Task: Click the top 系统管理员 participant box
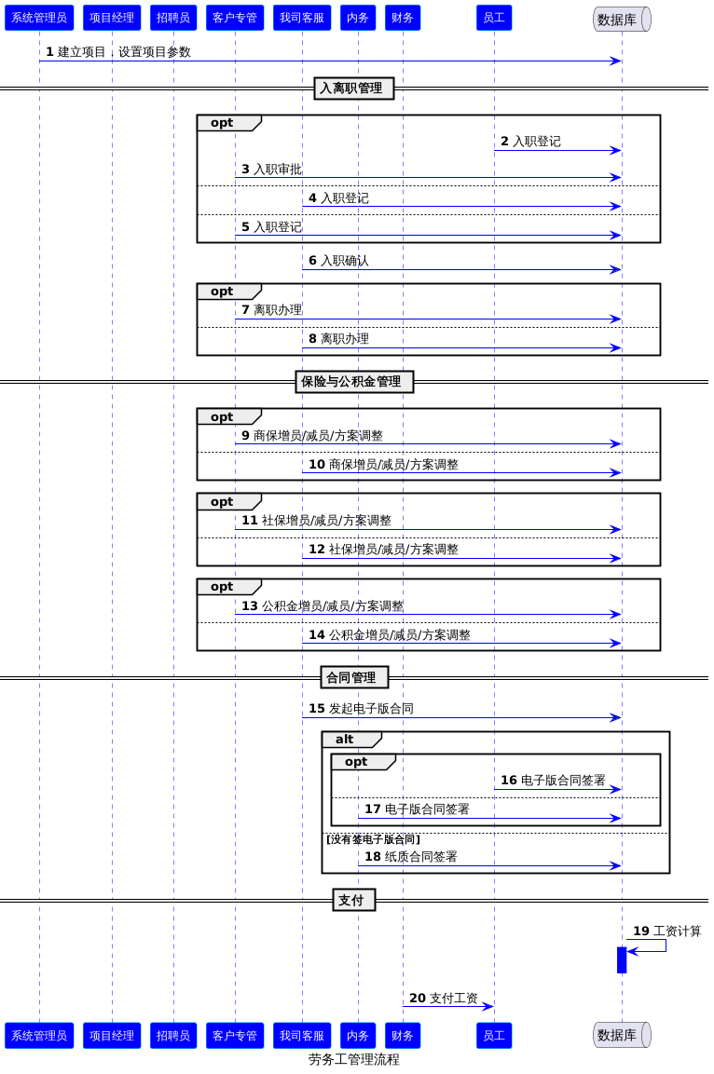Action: point(39,18)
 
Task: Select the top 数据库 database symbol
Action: point(622,20)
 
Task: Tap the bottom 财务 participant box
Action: point(403,1035)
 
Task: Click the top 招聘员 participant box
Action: point(173,18)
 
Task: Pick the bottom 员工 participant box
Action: point(494,1035)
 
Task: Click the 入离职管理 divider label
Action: point(353,88)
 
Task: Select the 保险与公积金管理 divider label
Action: point(354,382)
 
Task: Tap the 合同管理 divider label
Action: point(354,677)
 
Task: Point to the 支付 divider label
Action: point(353,900)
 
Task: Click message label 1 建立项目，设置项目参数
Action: point(118,52)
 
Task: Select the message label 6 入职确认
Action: point(338,261)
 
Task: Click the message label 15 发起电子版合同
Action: point(361,708)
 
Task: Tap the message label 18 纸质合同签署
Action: point(410,856)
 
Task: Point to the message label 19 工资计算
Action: point(666,931)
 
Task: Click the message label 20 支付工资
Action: point(444,998)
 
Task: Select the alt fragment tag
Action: point(350,739)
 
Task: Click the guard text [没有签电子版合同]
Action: point(373,839)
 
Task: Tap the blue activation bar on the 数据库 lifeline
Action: point(622,959)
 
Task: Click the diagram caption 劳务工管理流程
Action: point(353,1059)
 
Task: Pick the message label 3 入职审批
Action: point(271,170)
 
